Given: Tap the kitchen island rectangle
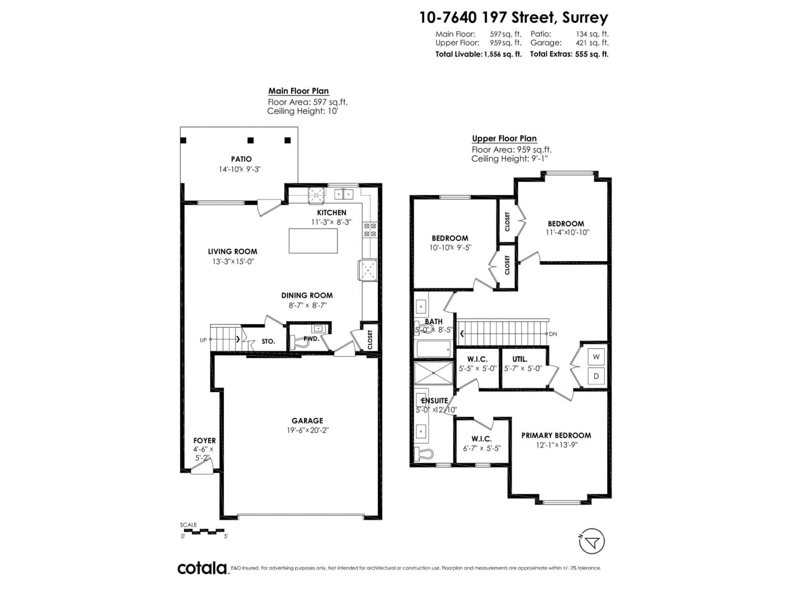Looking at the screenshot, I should tap(313, 241).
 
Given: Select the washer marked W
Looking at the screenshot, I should tap(596, 357).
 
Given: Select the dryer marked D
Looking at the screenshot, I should tap(596, 376).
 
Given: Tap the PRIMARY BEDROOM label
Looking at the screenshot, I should tap(556, 435).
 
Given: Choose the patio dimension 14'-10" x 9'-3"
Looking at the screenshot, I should tap(240, 169).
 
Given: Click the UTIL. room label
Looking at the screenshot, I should tap(520, 359).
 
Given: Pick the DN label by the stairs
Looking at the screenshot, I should tap(553, 334).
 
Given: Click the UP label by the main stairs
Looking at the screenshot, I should tap(203, 340).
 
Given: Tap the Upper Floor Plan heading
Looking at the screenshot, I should tap(504, 139).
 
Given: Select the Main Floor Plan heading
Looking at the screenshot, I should tap(298, 91).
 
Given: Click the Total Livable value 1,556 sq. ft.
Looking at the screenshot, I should tap(502, 54).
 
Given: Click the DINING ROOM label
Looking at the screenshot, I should tap(307, 295).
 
